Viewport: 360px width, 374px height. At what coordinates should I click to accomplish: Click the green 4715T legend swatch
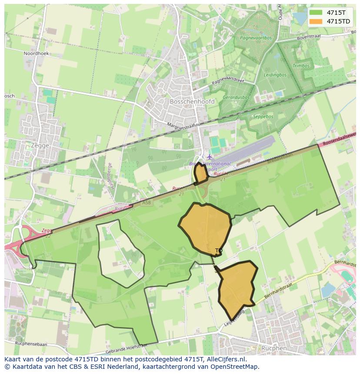(x=316, y=13)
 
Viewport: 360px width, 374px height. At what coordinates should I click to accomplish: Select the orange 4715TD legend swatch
(x=316, y=21)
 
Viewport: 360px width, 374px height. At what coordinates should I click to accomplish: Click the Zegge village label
(x=40, y=146)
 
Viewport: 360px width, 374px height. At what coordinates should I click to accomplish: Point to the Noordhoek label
(x=37, y=53)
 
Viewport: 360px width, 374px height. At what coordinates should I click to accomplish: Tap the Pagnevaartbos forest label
(x=256, y=38)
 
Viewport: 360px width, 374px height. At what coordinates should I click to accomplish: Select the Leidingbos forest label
(x=275, y=75)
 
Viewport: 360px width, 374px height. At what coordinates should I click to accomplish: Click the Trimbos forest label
(x=301, y=66)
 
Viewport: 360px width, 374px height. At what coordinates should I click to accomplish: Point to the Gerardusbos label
(x=236, y=98)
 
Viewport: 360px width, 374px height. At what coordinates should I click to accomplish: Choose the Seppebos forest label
(x=263, y=117)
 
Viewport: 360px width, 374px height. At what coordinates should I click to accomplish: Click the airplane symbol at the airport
(x=210, y=156)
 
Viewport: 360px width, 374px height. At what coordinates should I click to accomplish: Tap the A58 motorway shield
(x=147, y=203)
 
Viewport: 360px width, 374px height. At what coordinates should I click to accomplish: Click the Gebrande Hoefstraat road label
(x=126, y=349)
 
